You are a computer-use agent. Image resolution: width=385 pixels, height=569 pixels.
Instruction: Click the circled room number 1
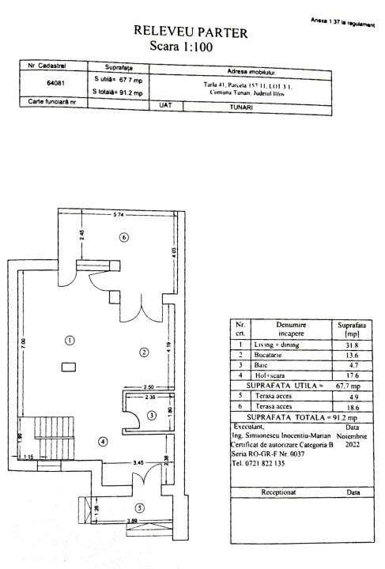point(70,341)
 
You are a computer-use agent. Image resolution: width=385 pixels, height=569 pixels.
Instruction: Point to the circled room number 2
point(145,352)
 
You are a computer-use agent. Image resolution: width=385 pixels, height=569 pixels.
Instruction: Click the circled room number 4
point(102,441)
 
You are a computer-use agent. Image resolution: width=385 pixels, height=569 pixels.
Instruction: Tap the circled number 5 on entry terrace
point(140,507)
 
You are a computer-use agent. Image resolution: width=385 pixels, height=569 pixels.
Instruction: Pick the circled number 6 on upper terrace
point(123,236)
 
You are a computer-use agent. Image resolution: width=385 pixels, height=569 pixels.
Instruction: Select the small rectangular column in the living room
point(69,366)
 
